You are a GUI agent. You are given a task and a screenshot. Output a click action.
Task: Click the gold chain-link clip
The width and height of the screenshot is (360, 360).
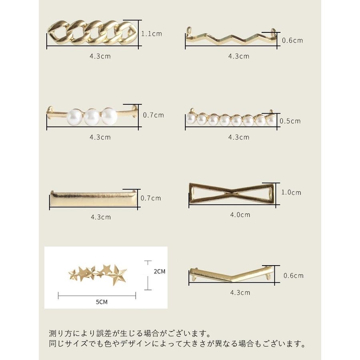click(x=92, y=33)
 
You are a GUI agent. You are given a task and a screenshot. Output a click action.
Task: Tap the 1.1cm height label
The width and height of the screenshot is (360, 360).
click(x=152, y=34)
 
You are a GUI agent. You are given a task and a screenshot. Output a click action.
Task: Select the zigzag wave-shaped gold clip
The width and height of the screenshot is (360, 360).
click(x=232, y=38)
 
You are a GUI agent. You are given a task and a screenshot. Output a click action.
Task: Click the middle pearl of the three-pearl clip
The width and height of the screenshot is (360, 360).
click(x=92, y=116)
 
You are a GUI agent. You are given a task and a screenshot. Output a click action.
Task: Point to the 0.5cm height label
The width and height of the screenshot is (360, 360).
click(x=290, y=121)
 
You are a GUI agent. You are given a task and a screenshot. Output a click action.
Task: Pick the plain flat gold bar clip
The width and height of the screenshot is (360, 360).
click(x=94, y=199)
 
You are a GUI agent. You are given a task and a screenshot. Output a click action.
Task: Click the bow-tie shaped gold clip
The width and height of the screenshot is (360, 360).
click(x=232, y=194)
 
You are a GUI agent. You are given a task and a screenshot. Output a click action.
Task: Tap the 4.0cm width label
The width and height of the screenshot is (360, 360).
click(x=240, y=215)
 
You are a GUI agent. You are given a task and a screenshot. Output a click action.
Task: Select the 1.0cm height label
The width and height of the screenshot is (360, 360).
click(x=291, y=192)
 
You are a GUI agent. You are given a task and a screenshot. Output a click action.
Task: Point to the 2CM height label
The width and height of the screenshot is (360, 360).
click(x=159, y=271)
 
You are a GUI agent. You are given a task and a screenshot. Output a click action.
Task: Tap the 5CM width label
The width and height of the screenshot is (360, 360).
click(x=102, y=302)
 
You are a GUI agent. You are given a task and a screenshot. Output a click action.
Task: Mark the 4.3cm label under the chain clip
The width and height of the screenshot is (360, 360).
click(x=100, y=56)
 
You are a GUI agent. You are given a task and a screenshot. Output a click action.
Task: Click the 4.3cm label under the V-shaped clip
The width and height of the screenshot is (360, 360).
click(x=240, y=293)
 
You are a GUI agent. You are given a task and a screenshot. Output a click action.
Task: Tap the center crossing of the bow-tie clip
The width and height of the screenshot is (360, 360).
click(x=232, y=193)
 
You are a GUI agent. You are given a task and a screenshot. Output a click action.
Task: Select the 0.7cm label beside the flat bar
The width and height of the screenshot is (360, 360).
click(x=151, y=198)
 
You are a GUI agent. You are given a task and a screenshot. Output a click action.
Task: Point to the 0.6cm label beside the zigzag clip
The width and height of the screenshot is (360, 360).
click(x=292, y=41)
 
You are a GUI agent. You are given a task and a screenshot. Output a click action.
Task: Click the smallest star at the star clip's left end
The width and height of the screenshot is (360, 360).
click(x=73, y=274)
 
